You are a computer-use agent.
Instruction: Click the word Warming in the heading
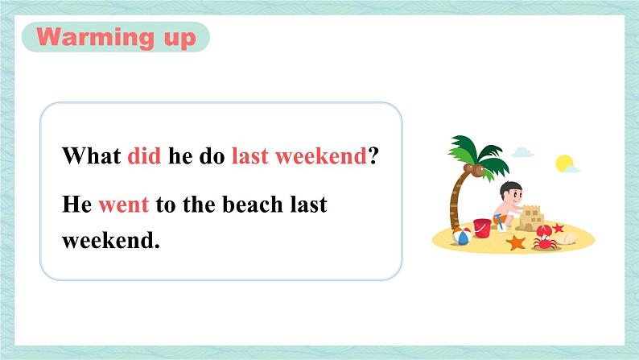pos(95,37)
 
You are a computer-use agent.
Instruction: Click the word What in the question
pos(92,155)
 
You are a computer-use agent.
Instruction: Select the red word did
pos(144,155)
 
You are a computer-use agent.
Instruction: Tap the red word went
pos(124,205)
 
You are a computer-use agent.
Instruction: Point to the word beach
pos(253,204)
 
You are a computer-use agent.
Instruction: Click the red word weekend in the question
pos(321,155)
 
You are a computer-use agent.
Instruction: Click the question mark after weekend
pos(373,155)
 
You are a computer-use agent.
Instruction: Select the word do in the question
pos(212,155)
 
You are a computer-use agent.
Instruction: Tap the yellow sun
pos(564,163)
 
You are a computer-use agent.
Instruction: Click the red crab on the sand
pos(546,238)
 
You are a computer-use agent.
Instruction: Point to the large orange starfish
pos(516,242)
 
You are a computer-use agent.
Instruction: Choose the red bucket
pos(482,228)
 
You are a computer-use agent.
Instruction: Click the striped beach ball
pos(462,237)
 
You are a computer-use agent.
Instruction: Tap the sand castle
pos(531,218)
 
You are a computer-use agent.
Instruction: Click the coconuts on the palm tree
pos(474,170)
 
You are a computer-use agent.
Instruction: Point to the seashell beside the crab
pos(566,238)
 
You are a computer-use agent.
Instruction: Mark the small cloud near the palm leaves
pos(522,152)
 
